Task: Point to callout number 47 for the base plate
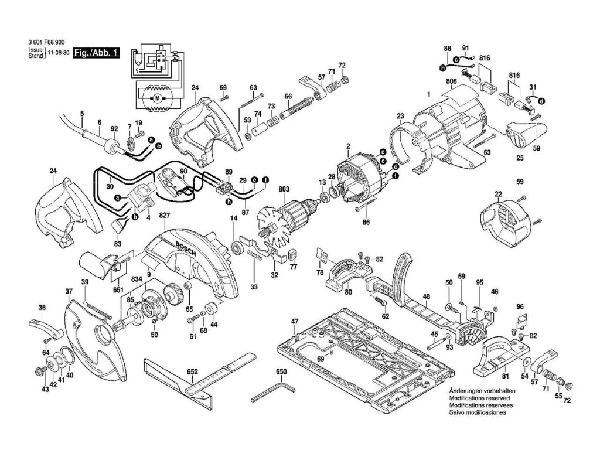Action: [295, 321]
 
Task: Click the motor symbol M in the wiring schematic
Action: [156, 98]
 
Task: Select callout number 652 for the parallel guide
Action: [192, 371]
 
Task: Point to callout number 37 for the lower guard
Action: [69, 291]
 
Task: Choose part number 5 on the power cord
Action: [82, 113]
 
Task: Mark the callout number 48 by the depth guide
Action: [426, 296]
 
